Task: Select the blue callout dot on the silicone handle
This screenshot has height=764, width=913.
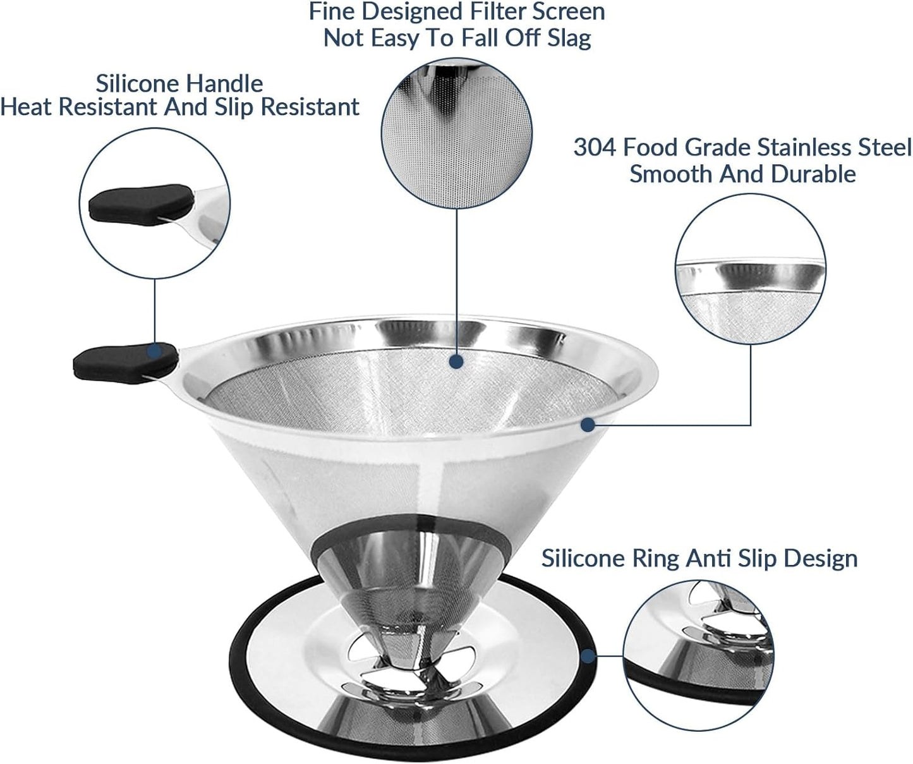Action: pos(154,351)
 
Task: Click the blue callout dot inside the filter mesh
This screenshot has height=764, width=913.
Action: pos(456,361)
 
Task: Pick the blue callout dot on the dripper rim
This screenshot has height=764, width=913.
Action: pos(588,425)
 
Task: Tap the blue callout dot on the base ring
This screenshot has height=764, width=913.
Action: pos(588,657)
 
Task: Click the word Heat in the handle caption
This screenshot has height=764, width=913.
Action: pos(27,107)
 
